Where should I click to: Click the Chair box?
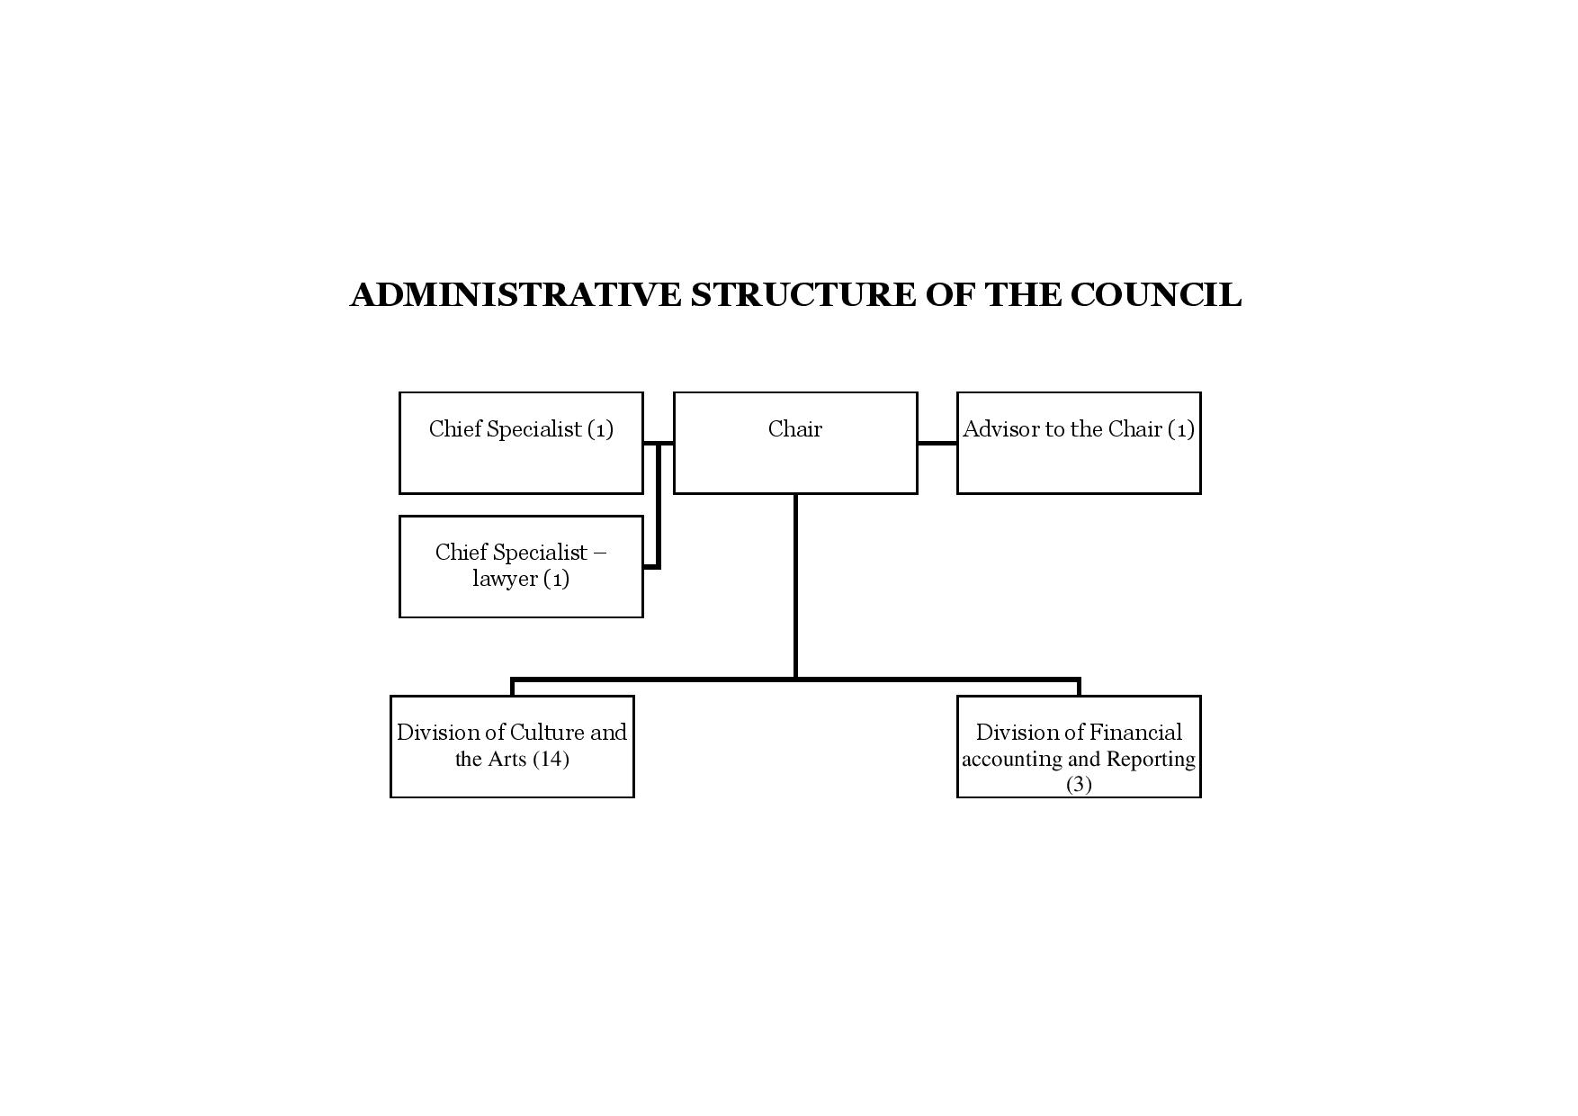click(x=795, y=443)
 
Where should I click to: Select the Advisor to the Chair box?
click(x=1079, y=443)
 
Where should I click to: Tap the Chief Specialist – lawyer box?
click(x=521, y=566)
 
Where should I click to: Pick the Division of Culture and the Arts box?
click(x=512, y=746)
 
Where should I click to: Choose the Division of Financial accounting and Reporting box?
click(x=1079, y=746)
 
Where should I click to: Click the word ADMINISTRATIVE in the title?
click(x=516, y=295)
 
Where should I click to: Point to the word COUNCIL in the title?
click(x=1156, y=295)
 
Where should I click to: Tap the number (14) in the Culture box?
click(x=551, y=759)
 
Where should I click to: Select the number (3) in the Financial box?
click(x=1079, y=784)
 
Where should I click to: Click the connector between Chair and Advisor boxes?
click(x=937, y=443)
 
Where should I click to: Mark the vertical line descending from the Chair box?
click(x=795, y=586)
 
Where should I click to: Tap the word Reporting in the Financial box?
click(x=1151, y=760)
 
